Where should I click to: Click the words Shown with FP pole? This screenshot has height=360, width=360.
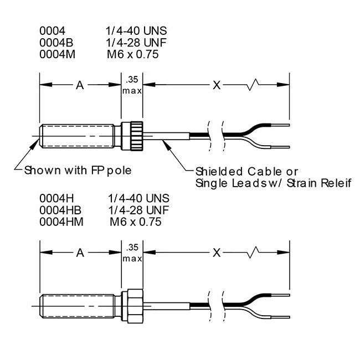coord(77,169)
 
